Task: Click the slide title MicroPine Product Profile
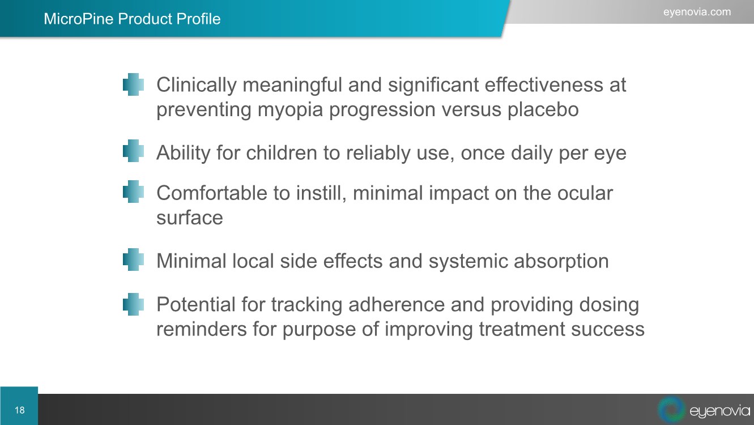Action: (132, 19)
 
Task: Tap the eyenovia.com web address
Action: (697, 12)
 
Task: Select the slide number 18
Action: (19, 410)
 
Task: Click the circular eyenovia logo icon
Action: (671, 410)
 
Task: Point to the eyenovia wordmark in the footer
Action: (719, 411)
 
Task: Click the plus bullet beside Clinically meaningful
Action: (133, 84)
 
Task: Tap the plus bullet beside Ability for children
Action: (133, 151)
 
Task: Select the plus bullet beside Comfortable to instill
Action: (133, 192)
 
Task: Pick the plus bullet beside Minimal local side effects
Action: (133, 260)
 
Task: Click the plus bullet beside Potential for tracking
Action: (133, 304)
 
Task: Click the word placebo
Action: (543, 109)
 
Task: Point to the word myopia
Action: (290, 110)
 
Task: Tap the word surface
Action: (190, 218)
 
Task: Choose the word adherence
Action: (397, 304)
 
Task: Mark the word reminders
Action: (202, 329)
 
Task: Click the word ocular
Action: (585, 193)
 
